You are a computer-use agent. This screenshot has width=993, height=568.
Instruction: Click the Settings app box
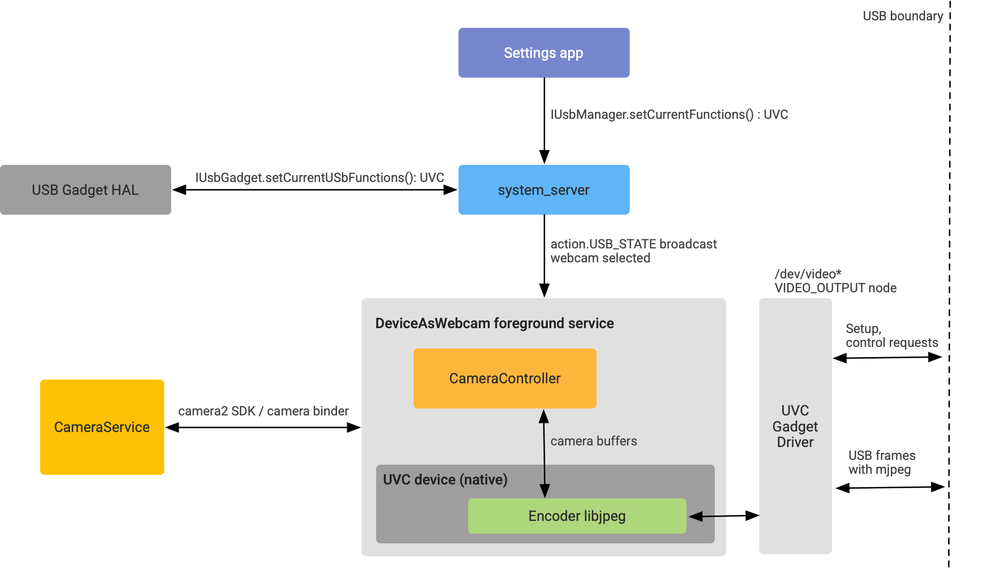(x=544, y=53)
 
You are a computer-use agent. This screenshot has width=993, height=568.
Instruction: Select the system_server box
(x=544, y=190)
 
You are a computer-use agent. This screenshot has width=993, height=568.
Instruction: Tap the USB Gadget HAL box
(x=86, y=190)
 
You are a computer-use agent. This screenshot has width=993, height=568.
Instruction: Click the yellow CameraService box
(x=102, y=427)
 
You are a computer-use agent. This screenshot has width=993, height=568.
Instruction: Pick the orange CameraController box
(x=505, y=378)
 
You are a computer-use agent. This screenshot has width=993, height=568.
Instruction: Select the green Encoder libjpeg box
(x=577, y=516)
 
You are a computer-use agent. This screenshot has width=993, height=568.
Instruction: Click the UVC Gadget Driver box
(x=795, y=426)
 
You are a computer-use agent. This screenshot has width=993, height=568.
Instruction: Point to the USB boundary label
(x=903, y=16)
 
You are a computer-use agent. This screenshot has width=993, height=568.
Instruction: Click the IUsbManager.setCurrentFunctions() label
(x=669, y=115)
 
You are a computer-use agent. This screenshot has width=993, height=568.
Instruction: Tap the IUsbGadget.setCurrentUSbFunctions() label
(x=319, y=178)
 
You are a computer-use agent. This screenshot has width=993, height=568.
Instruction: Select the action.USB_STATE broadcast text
(x=633, y=244)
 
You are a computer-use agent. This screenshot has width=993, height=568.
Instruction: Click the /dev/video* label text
(x=808, y=274)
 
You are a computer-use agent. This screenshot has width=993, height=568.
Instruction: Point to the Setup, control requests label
(x=891, y=336)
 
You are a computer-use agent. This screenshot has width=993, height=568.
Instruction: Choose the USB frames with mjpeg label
(x=882, y=463)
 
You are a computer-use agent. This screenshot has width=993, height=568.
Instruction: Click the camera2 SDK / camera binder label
(x=263, y=411)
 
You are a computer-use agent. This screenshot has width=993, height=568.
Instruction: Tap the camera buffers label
(x=593, y=441)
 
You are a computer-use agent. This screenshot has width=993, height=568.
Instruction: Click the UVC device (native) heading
(x=445, y=480)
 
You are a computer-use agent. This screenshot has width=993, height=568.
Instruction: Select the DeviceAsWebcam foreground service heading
(x=494, y=323)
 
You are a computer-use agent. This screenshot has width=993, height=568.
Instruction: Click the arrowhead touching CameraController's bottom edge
(x=544, y=416)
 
